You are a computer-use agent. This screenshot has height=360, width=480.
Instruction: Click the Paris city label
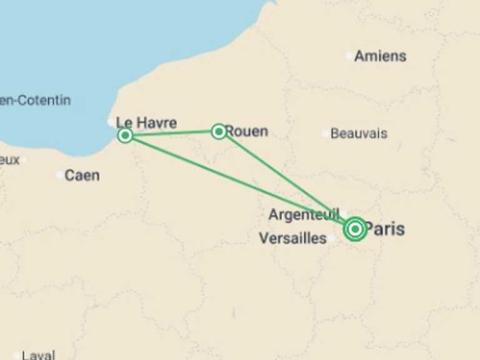(384, 229)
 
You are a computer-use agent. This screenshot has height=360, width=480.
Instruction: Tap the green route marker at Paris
(355, 229)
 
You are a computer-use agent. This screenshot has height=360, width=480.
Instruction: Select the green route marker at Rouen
(218, 131)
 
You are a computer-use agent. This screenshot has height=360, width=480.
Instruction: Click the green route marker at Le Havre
(125, 135)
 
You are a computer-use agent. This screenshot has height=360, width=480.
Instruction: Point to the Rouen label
(246, 131)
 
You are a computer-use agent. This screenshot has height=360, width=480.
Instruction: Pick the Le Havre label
(147, 122)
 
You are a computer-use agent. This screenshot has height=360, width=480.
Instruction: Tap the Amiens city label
(380, 56)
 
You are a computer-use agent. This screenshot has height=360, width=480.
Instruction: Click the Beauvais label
(359, 133)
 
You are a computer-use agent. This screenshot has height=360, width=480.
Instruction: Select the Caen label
(82, 175)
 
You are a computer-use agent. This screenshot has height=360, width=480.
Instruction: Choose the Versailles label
(292, 238)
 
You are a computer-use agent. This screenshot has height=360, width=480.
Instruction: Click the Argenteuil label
(304, 214)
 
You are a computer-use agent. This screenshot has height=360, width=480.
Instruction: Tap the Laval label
(38, 355)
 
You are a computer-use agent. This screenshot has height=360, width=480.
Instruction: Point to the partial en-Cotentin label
(35, 100)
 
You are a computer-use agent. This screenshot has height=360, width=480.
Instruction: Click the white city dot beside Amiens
(349, 56)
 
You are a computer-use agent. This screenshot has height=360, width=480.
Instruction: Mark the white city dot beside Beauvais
(324, 133)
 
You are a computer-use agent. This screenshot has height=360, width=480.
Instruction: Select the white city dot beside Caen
(60, 175)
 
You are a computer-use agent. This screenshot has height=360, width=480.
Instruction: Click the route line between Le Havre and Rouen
(172, 133)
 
